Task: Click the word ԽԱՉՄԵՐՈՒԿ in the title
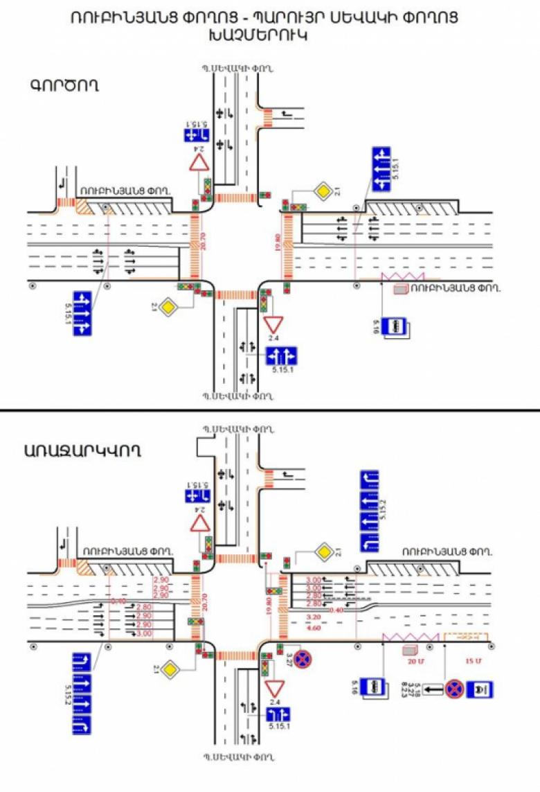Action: click(x=270, y=35)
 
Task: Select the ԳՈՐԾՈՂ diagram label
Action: click(x=64, y=86)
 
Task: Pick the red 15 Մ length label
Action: click(x=471, y=662)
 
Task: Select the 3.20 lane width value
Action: click(x=314, y=616)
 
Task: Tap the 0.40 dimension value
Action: click(x=337, y=610)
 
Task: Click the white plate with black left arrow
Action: click(x=433, y=689)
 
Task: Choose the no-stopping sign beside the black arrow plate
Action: click(x=454, y=689)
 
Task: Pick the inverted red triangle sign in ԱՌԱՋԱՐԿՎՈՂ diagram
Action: click(x=275, y=687)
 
